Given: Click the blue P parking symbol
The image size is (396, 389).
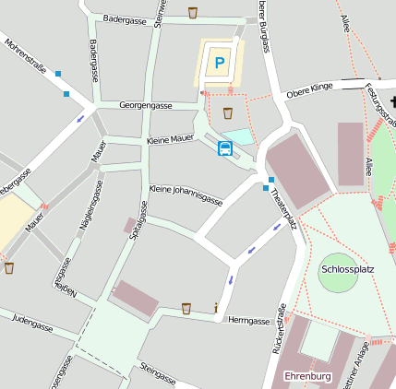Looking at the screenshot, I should point(219,63).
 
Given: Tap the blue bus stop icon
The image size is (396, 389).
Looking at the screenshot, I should point(224,148).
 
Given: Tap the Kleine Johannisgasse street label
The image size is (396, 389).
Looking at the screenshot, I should point(186,194).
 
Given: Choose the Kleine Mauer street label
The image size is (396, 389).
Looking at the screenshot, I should point(170,139).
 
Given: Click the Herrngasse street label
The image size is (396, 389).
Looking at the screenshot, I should point(248,321).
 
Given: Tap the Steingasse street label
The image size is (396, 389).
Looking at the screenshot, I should point(158,373).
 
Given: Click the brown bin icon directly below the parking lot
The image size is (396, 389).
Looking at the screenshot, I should point(227,113).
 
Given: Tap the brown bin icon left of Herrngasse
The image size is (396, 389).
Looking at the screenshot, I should point(186,308).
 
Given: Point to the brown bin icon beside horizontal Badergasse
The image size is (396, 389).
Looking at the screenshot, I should point(192,12).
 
